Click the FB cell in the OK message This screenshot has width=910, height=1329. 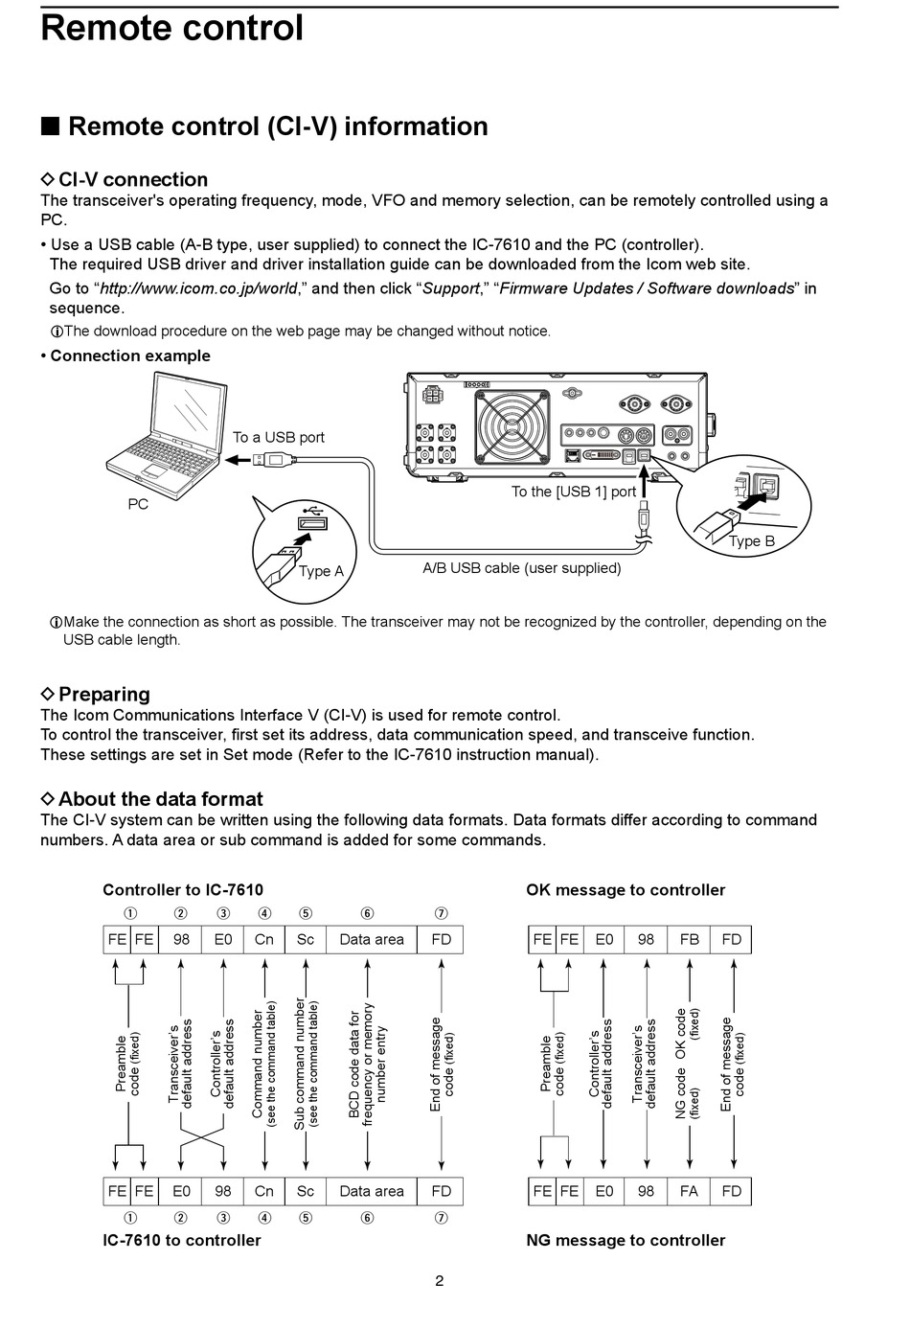pyautogui.click(x=689, y=939)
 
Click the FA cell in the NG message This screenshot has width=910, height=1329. pyautogui.click(x=689, y=1191)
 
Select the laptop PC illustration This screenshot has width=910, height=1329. pyautogui.click(x=166, y=435)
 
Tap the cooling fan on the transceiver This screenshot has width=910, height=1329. pyautogui.click(x=512, y=425)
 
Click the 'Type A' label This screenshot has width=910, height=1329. pyautogui.click(x=321, y=571)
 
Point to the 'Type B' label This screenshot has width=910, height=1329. pyautogui.click(x=752, y=541)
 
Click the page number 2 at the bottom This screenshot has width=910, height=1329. pyautogui.click(x=439, y=1281)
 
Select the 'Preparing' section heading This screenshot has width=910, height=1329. pyautogui.click(x=103, y=694)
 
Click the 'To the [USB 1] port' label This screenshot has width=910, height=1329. pyautogui.click(x=574, y=492)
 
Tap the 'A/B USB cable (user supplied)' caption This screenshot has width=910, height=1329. pyautogui.click(x=521, y=568)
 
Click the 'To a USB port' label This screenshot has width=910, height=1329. pyautogui.click(x=278, y=437)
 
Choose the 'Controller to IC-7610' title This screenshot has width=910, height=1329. pyautogui.click(x=183, y=890)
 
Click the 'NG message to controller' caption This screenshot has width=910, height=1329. pyautogui.click(x=626, y=1240)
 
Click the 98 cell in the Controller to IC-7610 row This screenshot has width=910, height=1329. pyautogui.click(x=181, y=939)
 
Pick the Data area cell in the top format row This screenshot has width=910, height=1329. pyautogui.click(x=372, y=939)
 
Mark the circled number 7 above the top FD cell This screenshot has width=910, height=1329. pyautogui.click(x=441, y=913)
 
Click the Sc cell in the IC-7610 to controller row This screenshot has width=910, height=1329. pyautogui.click(x=305, y=1191)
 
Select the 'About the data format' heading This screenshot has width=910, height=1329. pyautogui.click(x=160, y=798)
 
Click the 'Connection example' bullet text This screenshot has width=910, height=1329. pyautogui.click(x=130, y=355)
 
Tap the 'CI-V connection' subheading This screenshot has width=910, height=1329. pyautogui.click(x=133, y=179)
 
